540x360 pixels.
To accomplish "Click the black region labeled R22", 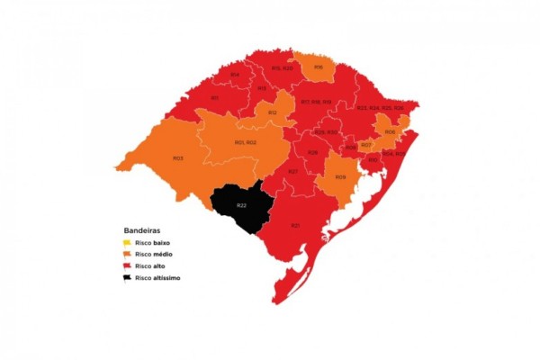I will [x=240, y=206].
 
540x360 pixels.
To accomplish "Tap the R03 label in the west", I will [x=177, y=158].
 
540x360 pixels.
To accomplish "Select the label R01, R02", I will [x=245, y=142].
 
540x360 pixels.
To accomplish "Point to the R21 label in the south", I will [x=295, y=225].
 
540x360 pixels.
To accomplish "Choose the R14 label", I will [x=234, y=75].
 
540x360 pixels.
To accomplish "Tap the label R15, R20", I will [x=282, y=67].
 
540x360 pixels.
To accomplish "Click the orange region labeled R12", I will [x=272, y=112].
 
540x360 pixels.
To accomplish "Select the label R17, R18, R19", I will [x=316, y=102].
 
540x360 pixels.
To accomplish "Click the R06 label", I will [x=390, y=132].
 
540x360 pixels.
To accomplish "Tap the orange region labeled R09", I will [x=340, y=177].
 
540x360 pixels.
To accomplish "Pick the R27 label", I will [x=292, y=171].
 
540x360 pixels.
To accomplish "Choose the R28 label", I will [x=312, y=152].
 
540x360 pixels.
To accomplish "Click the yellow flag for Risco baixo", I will [x=127, y=243].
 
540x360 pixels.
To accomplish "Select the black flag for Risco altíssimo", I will [x=127, y=278].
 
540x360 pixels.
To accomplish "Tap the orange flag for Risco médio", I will [x=127, y=255].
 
